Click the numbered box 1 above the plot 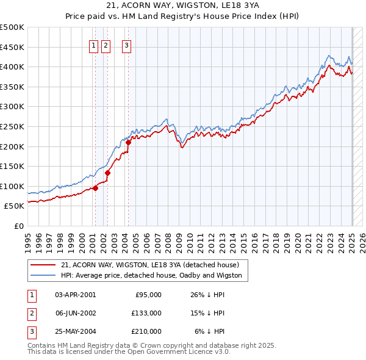pyautogui.click(x=95, y=45)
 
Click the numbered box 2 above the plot pyautogui.click(x=106, y=45)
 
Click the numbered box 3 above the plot pyautogui.click(x=126, y=45)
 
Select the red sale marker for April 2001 pyautogui.click(x=95, y=188)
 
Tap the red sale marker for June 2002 pyautogui.click(x=107, y=173)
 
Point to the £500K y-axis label pyautogui.click(x=12, y=27)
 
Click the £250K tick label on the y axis pyautogui.click(x=12, y=126)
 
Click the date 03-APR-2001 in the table pyautogui.click(x=75, y=295)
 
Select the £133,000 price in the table pyautogui.click(x=146, y=313)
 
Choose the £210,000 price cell pyautogui.click(x=146, y=332)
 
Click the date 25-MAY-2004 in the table pyautogui.click(x=75, y=332)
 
